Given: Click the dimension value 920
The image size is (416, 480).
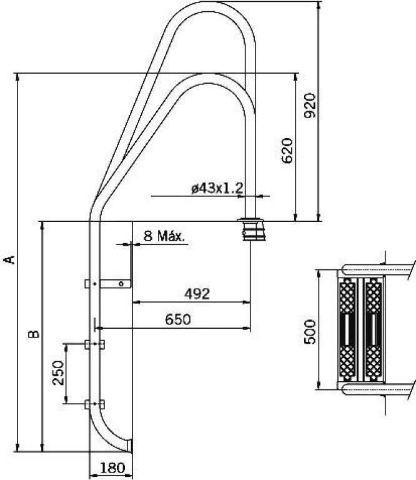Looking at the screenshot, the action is (x=310, y=106).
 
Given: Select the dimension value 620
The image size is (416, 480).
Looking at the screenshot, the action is (x=287, y=151).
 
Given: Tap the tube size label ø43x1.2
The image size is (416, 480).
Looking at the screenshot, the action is (x=217, y=188).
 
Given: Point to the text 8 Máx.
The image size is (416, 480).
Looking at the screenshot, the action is (x=164, y=236).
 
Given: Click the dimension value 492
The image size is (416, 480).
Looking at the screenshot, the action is (x=197, y=294).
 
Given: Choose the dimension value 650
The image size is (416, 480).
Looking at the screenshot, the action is (x=178, y=319).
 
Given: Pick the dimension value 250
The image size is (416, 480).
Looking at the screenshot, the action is (x=58, y=372).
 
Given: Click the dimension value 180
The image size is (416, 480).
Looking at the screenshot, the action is (x=112, y=467).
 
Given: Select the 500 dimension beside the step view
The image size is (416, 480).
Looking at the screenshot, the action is (x=310, y=332).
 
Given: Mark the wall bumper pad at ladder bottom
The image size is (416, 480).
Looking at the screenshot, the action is (x=131, y=445).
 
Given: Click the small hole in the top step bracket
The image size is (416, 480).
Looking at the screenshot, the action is (x=121, y=284).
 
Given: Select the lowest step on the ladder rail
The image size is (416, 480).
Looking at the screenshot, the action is (x=94, y=404).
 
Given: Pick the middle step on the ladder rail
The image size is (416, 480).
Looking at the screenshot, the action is (x=94, y=344).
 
